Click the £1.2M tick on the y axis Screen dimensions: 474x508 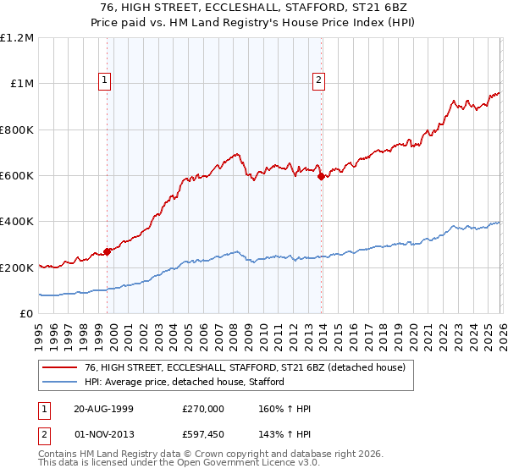pyautogui.click(x=17, y=38)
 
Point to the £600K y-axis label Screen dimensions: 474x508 pyautogui.click(x=17, y=176)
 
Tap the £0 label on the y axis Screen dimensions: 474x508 pyautogui.click(x=27, y=314)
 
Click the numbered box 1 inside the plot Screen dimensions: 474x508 pyautogui.click(x=104, y=81)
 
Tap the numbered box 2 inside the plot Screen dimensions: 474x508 pyautogui.click(x=318, y=81)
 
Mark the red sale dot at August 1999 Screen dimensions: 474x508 pyautogui.click(x=108, y=251)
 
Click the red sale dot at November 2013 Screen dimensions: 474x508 pyautogui.click(x=321, y=176)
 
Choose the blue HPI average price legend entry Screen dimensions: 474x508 pyautogui.click(x=187, y=383)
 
